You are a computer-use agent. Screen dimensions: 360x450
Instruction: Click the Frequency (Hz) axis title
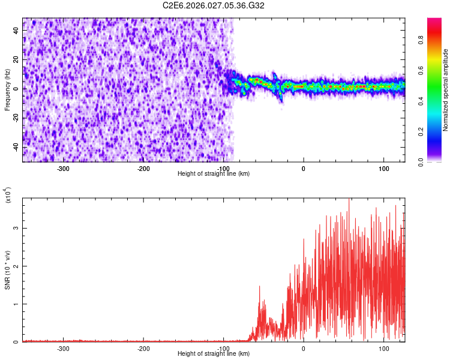click(x=7, y=89)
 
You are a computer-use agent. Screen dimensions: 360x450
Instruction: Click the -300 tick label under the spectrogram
click(x=63, y=168)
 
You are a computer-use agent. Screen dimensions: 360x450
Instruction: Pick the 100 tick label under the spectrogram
click(x=384, y=168)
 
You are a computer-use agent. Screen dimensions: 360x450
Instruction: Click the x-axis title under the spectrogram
click(x=214, y=174)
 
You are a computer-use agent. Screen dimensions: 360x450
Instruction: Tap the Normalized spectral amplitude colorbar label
click(x=446, y=90)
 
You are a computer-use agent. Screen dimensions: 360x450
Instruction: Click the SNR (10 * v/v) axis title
click(x=7, y=270)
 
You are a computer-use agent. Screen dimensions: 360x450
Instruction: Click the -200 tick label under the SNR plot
click(x=143, y=348)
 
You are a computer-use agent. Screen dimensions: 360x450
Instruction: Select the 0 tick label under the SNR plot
click(x=304, y=348)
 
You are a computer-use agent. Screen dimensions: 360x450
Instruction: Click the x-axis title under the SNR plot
click(x=214, y=354)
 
